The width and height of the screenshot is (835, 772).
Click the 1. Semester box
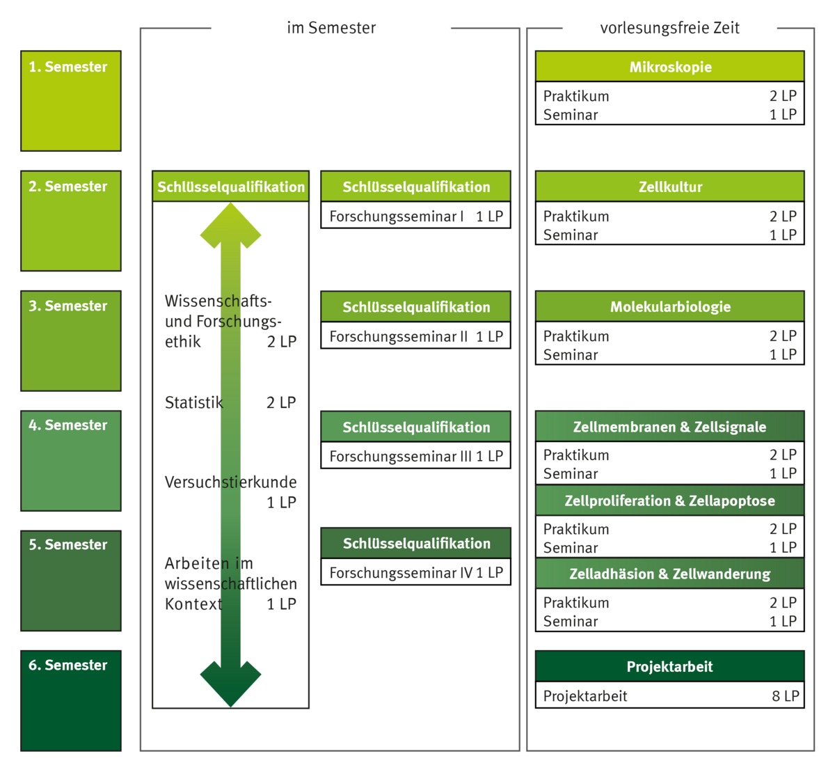pyautogui.click(x=71, y=100)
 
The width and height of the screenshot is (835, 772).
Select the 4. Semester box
pyautogui.click(x=71, y=461)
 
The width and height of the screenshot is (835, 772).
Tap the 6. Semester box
pyautogui.click(x=71, y=701)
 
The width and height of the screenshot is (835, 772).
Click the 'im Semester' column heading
pyautogui.click(x=331, y=29)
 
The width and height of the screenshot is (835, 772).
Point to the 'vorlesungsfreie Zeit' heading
pyautogui.click(x=669, y=29)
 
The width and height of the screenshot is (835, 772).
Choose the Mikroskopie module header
pyautogui.click(x=669, y=68)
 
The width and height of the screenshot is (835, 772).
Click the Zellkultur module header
pyautogui.click(x=669, y=187)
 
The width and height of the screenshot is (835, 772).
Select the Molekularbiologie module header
pyautogui.click(x=669, y=307)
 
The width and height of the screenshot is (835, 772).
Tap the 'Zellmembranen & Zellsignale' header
pyautogui.click(x=669, y=427)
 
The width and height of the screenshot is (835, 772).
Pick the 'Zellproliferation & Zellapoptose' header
pyautogui.click(x=669, y=501)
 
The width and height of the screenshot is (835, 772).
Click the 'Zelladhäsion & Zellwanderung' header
pyautogui.click(x=669, y=574)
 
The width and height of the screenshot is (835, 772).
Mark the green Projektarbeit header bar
pyautogui.click(x=669, y=666)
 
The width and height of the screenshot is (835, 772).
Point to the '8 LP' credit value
pyautogui.click(x=785, y=696)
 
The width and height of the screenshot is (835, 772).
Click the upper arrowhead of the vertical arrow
pyautogui.click(x=230, y=226)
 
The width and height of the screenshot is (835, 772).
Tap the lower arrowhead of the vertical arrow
pyautogui.click(x=230, y=682)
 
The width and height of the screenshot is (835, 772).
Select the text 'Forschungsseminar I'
pyautogui.click(x=397, y=216)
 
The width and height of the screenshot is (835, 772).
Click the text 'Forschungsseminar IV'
pyautogui.click(x=401, y=573)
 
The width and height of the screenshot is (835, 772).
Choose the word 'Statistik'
pyautogui.click(x=193, y=402)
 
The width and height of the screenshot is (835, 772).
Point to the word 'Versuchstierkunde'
pyautogui.click(x=230, y=482)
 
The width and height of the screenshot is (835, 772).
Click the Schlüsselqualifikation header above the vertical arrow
pyautogui.click(x=230, y=187)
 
